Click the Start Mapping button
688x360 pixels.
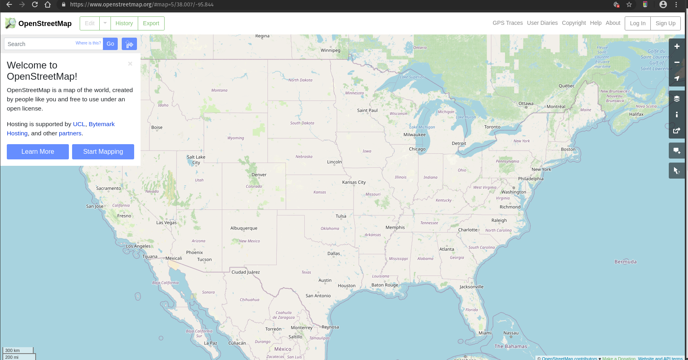[103, 152]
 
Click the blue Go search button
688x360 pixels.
[110, 44]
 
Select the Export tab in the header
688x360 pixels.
[151, 23]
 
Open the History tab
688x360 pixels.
[124, 23]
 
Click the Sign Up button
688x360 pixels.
[665, 23]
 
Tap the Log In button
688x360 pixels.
[638, 23]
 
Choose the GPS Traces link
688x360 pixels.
[507, 23]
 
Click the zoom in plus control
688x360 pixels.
[677, 46]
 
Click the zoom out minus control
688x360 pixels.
[677, 62]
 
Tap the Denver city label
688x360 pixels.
[259, 175]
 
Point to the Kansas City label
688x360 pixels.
[354, 182]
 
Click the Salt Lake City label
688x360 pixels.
[196, 160]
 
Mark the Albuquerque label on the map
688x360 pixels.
[244, 228]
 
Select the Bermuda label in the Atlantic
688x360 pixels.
[626, 262]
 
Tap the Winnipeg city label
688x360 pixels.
[330, 50]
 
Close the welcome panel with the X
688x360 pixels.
[130, 64]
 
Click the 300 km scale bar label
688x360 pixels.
[13, 350]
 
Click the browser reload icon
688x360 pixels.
[35, 4]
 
